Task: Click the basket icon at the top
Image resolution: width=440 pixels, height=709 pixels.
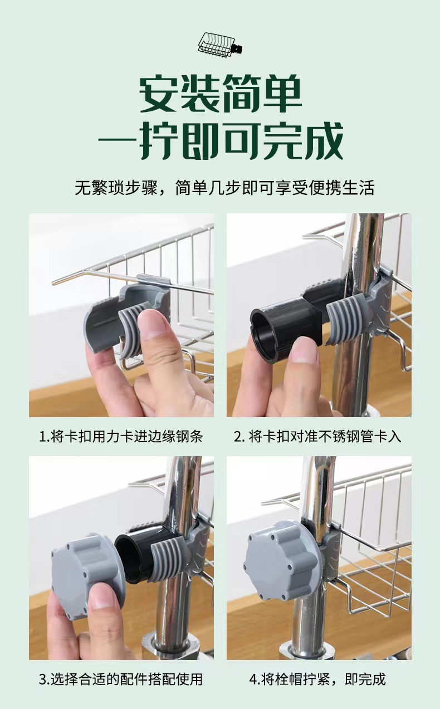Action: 220,43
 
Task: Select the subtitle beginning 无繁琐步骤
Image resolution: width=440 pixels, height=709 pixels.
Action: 224,187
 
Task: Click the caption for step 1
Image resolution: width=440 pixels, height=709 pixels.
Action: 121,436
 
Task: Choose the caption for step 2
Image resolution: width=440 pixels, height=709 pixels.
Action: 317,436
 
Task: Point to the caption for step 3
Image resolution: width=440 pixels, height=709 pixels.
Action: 121,679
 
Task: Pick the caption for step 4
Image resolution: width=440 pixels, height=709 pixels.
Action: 317,679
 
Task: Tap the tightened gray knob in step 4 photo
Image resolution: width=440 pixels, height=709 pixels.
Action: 281,559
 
